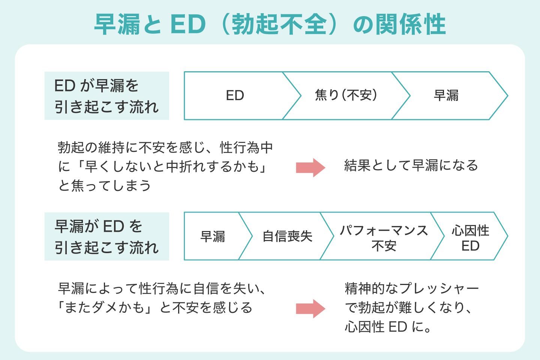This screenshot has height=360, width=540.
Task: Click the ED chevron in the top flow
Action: point(235,96)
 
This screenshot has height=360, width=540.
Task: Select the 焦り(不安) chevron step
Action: point(346,96)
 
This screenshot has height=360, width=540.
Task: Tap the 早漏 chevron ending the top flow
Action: point(446,96)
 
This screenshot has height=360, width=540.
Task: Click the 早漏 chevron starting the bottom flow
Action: point(213,236)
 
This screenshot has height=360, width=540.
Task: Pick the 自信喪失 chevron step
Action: point(287,236)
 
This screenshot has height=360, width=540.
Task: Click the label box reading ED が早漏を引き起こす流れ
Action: point(106,96)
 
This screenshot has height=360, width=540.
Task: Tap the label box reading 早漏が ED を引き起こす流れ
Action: point(106,237)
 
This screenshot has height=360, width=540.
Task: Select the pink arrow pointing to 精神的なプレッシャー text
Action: point(310,309)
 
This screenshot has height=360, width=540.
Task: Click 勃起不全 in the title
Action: point(279,25)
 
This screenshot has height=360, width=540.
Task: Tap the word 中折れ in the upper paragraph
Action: point(186,166)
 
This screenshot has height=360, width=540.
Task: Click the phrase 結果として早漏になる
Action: point(411,165)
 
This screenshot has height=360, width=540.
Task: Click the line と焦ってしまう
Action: point(105,186)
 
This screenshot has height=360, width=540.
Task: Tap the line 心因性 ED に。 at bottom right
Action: point(388,327)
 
